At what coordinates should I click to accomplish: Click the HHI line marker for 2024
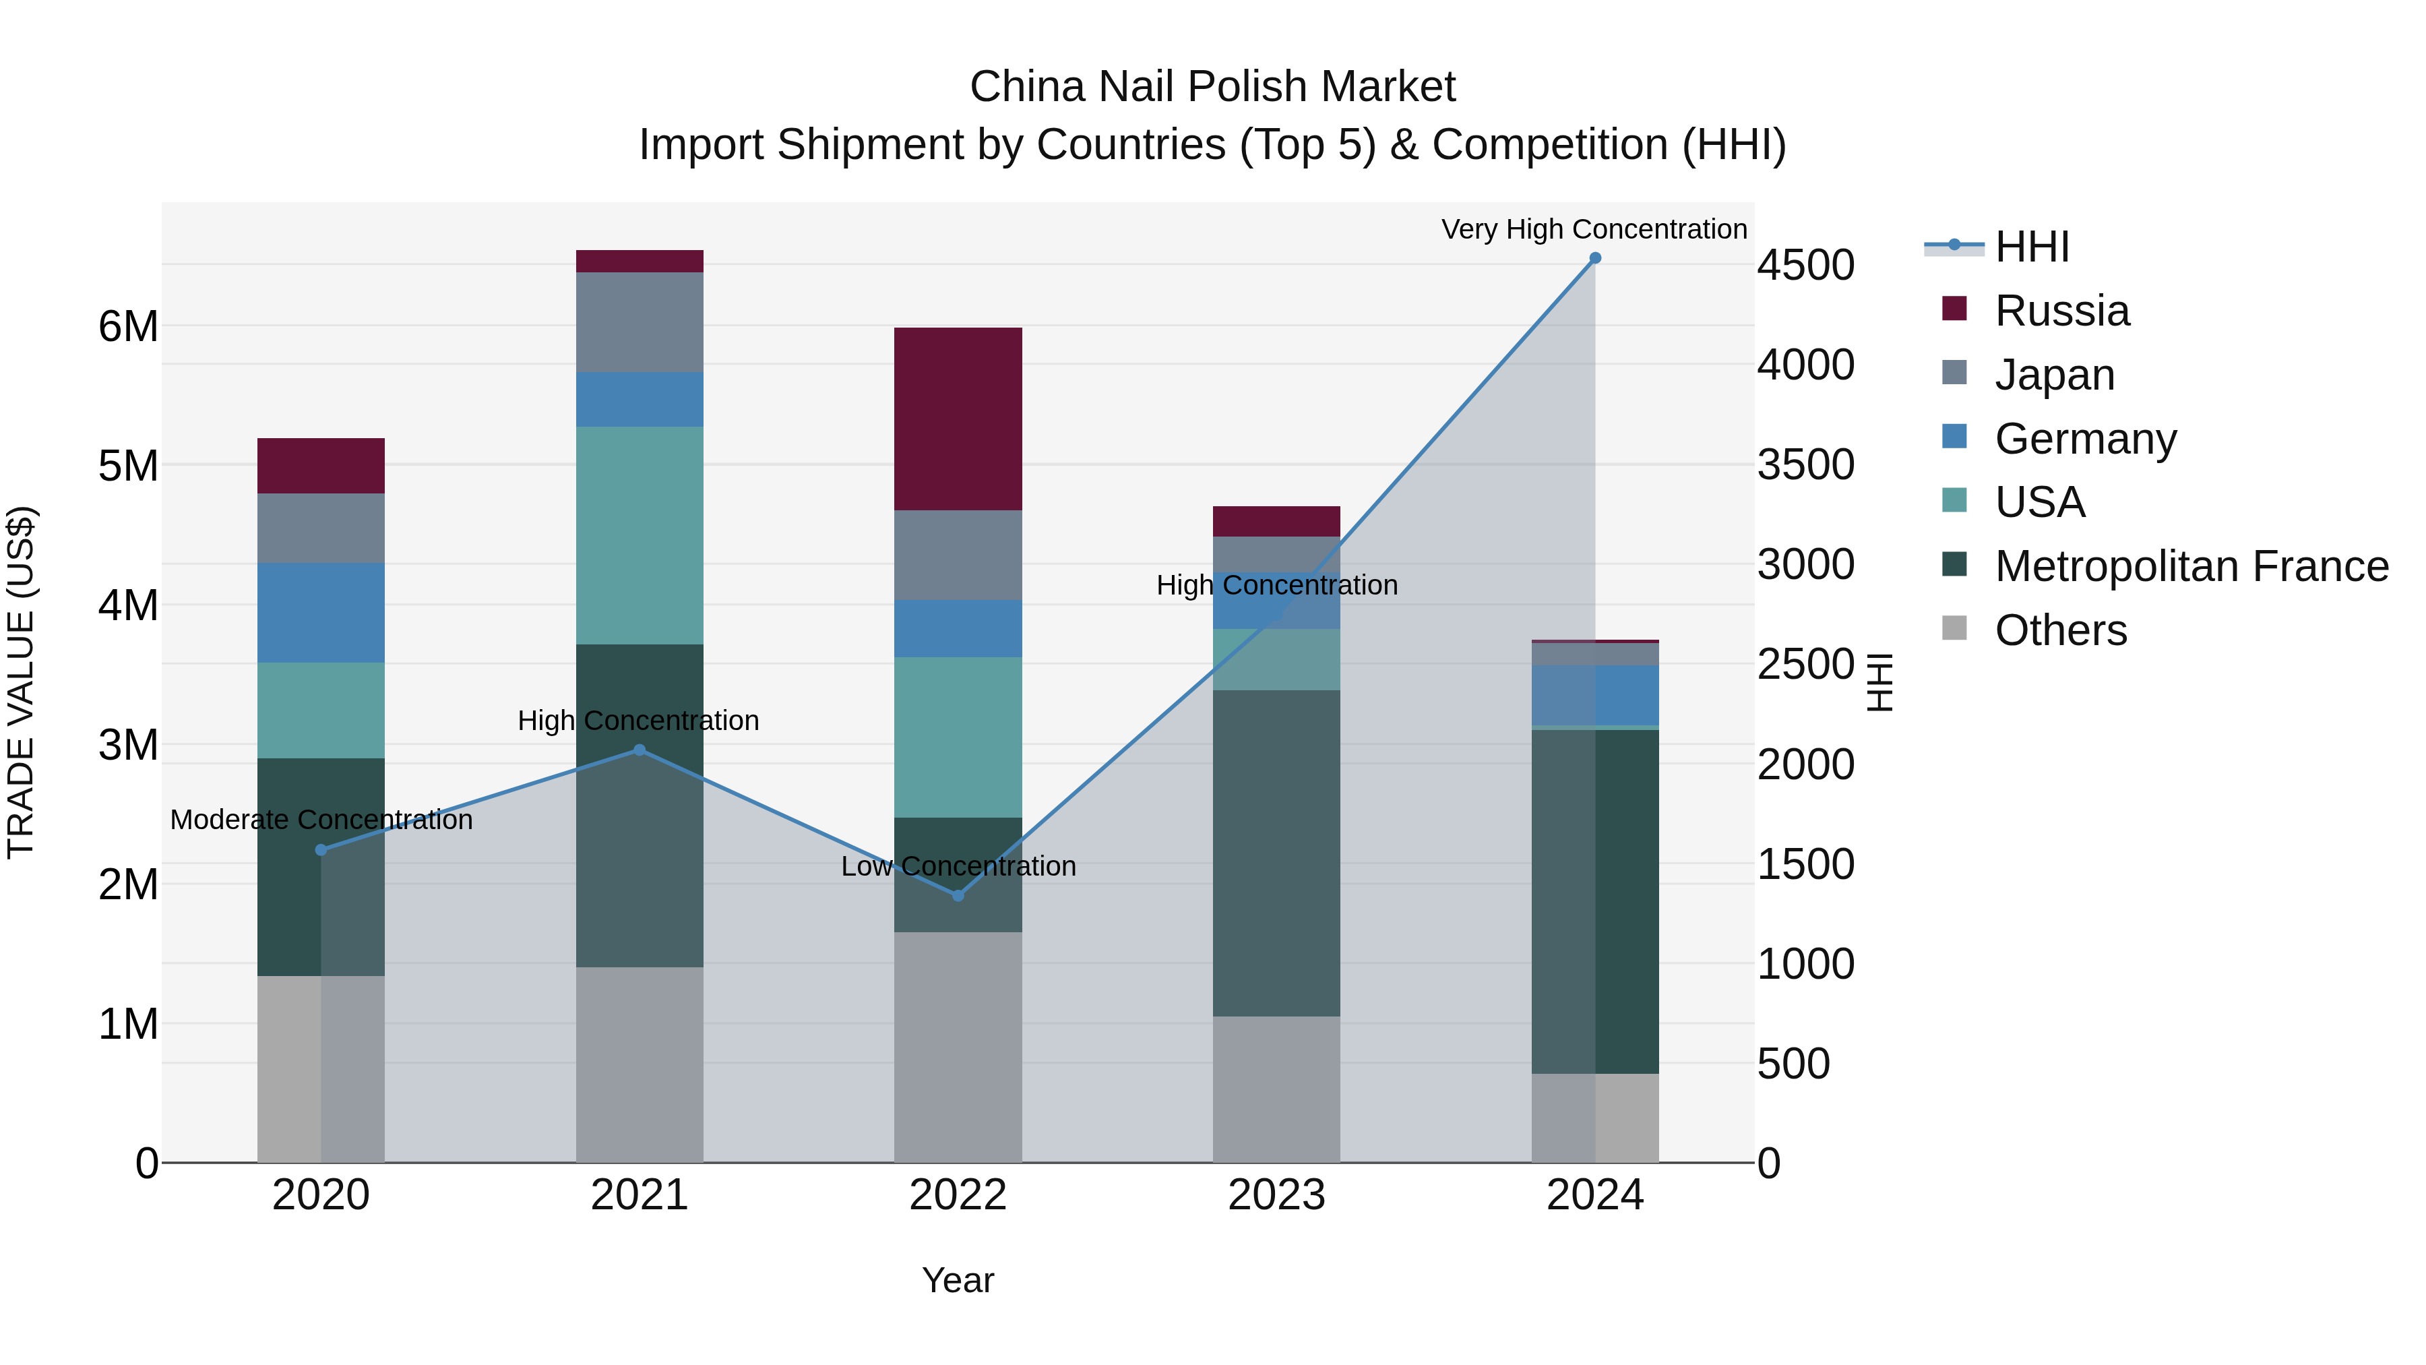(x=1594, y=258)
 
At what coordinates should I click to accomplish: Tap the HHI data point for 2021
(x=640, y=750)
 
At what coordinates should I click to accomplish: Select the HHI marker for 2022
(x=958, y=896)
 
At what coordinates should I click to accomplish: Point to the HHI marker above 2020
(x=321, y=850)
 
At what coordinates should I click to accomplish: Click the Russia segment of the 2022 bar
(x=958, y=419)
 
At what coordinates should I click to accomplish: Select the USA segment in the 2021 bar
(x=640, y=535)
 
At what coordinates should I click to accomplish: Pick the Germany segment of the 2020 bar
(x=321, y=612)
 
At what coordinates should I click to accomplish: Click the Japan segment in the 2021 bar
(x=640, y=322)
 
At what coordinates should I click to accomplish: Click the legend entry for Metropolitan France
(x=2191, y=566)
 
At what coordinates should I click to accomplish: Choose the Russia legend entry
(x=2061, y=311)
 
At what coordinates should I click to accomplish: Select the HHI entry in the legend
(x=2031, y=247)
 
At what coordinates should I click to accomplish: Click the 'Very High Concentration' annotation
(x=1594, y=229)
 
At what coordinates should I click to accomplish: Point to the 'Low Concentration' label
(x=958, y=866)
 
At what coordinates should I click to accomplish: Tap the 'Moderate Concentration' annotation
(x=321, y=820)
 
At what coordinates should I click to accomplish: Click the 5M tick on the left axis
(x=128, y=465)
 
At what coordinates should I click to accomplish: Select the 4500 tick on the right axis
(x=1805, y=265)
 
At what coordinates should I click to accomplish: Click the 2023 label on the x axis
(x=1276, y=1195)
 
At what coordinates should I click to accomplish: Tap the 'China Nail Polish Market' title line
(x=1212, y=87)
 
